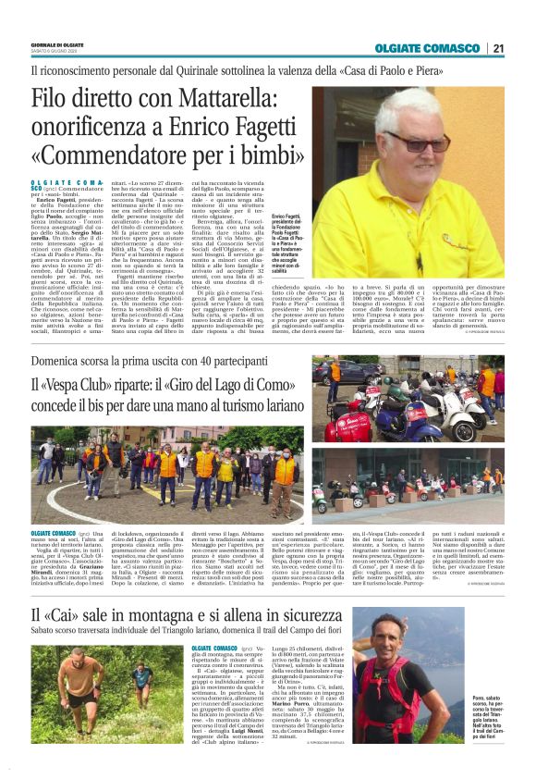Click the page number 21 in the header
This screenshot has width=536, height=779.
pyautogui.click(x=498, y=49)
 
